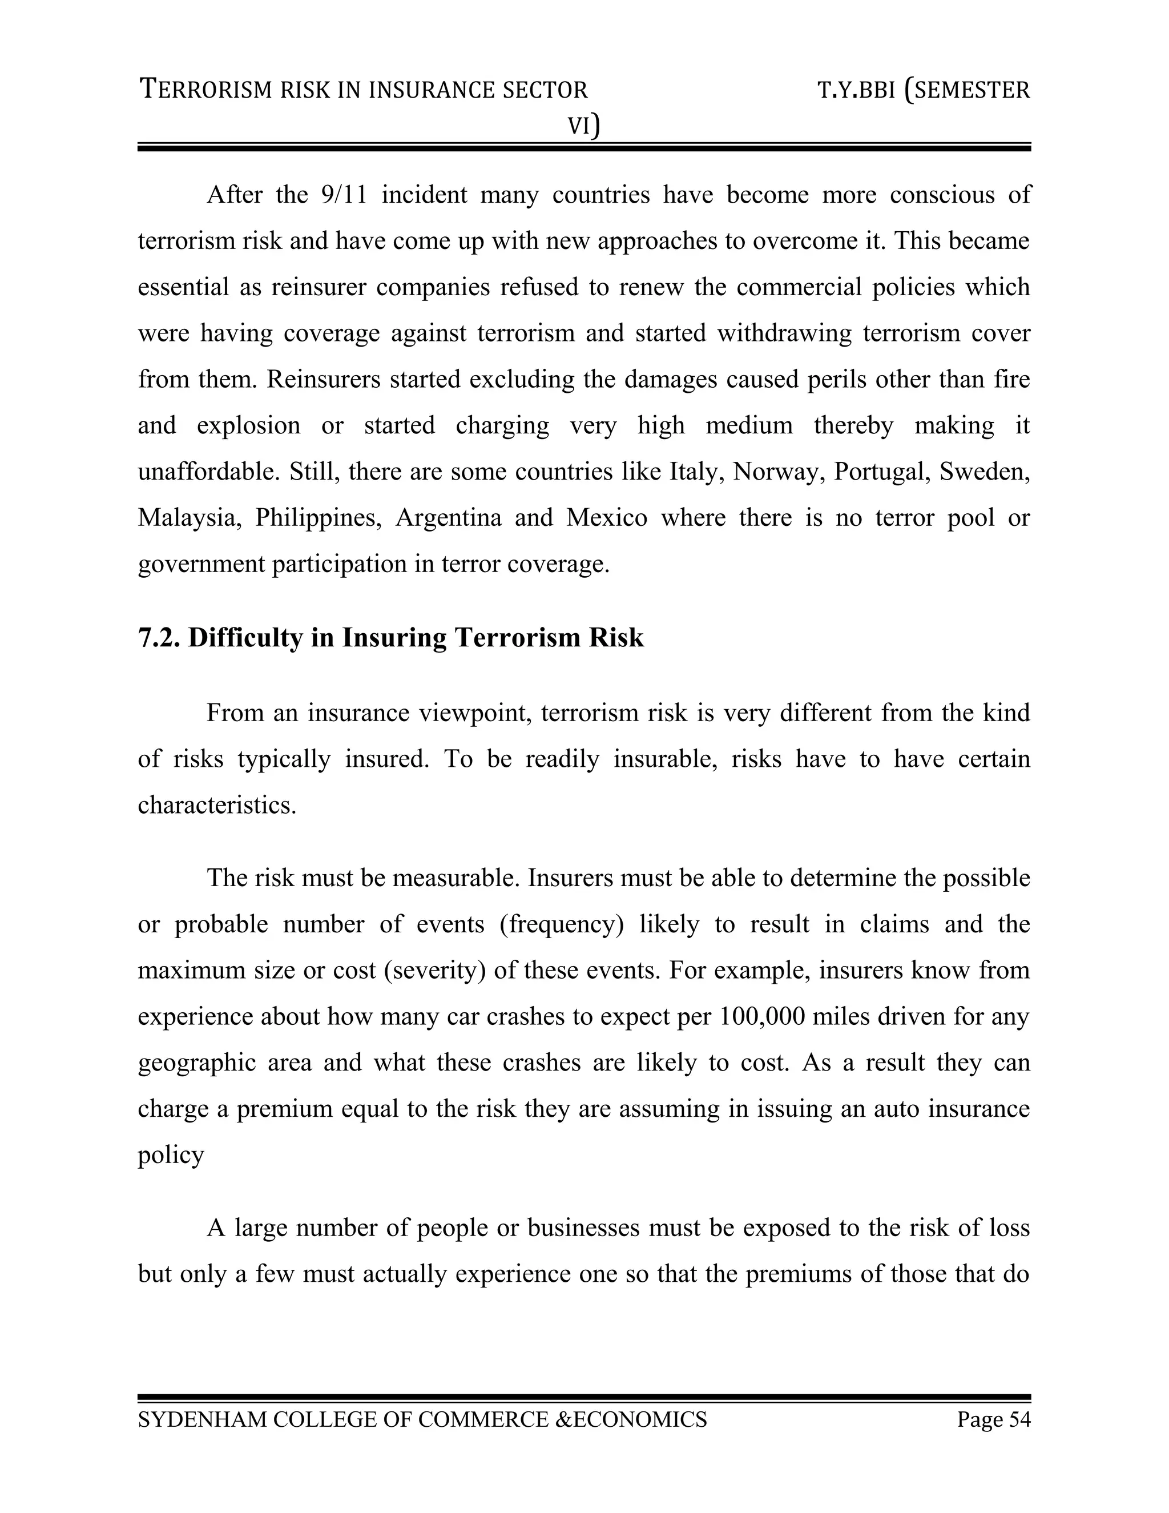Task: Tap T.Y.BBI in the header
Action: pyautogui.click(x=856, y=91)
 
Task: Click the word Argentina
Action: pyautogui.click(x=448, y=517)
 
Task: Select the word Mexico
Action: pyautogui.click(x=607, y=517)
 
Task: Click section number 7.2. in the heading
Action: pyautogui.click(x=159, y=637)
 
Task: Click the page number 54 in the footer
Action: pyautogui.click(x=1019, y=1419)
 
